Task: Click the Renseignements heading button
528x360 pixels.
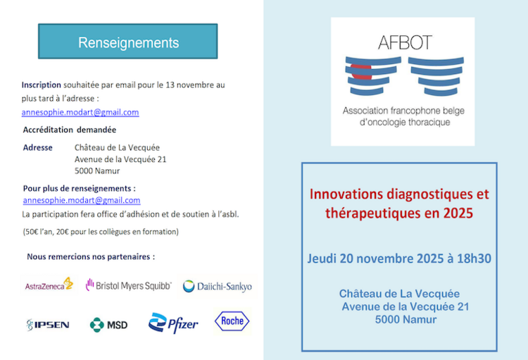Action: coord(127,42)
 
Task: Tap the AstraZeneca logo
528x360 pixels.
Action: coord(49,285)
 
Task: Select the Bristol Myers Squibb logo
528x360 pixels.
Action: coord(129,285)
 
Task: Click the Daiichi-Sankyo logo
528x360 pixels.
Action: coord(217,286)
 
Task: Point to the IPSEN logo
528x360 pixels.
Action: coord(47,324)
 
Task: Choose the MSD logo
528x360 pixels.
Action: coord(108,324)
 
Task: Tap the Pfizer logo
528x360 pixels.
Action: coord(173,323)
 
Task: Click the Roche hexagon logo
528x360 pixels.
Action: coord(232,321)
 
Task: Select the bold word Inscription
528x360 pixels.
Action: coord(42,85)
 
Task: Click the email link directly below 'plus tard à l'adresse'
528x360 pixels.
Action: coord(80,112)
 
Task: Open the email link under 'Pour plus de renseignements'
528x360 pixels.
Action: coord(82,201)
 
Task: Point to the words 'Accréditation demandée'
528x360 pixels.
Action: coord(70,130)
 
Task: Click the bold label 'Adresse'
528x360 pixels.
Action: coord(38,147)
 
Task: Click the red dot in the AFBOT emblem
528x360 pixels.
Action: coord(361,70)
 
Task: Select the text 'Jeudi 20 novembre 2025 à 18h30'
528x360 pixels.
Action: coord(399,258)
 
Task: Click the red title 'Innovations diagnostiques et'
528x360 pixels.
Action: coord(399,194)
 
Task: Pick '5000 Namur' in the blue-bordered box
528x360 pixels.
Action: coord(406,320)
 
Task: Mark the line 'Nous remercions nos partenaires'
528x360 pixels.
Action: coord(91,256)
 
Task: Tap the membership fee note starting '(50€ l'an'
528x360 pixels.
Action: coord(101,231)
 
